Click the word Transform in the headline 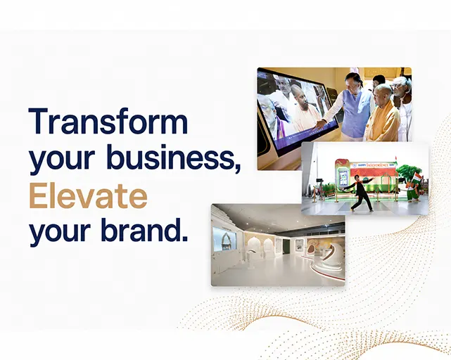(108, 121)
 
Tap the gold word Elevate (88, 195)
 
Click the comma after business (238, 168)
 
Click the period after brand (185, 238)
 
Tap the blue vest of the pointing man (357, 110)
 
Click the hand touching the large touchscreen (319, 124)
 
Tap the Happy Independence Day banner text (373, 165)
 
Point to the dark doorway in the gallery (286, 246)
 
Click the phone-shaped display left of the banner (342, 178)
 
